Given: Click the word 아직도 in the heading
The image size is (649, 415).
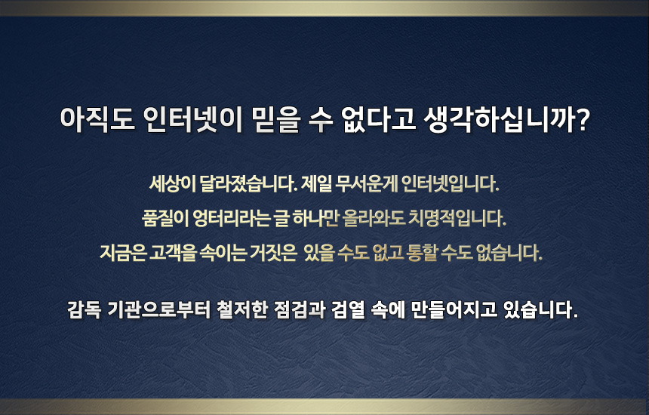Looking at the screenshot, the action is [x=97, y=120].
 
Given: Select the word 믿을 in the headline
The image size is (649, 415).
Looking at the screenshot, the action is [x=275, y=120].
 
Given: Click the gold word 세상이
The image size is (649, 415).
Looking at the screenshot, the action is [x=173, y=184].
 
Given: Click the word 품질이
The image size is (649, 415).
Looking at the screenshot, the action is [x=165, y=219].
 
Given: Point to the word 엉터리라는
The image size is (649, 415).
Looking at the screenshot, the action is [x=232, y=219].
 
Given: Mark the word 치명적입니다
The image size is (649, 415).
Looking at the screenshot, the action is [x=457, y=219].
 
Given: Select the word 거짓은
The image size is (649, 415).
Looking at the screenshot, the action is [x=273, y=253].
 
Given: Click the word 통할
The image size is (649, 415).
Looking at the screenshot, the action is [x=422, y=253].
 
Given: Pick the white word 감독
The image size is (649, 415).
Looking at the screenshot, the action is [x=84, y=309].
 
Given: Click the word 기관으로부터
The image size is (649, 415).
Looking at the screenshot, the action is [x=159, y=309].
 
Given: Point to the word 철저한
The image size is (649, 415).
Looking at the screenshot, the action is [x=242, y=309].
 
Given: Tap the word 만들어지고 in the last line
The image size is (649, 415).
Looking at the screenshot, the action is [x=455, y=309].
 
